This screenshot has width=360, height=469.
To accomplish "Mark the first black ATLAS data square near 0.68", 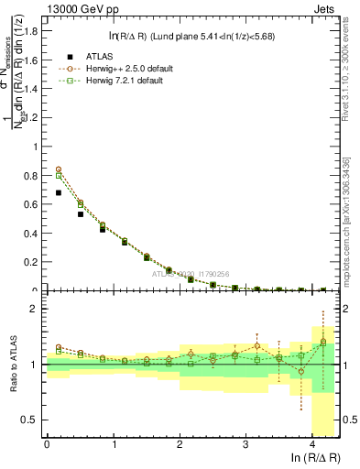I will pyautogui.click(x=60, y=192).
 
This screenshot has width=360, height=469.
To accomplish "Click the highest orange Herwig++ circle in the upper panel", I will pyautogui.click(x=60, y=169).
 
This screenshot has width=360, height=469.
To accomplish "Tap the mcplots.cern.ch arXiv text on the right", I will pyautogui.click(x=350, y=202).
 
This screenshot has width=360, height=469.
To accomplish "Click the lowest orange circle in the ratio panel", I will pyautogui.click(x=301, y=372).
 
